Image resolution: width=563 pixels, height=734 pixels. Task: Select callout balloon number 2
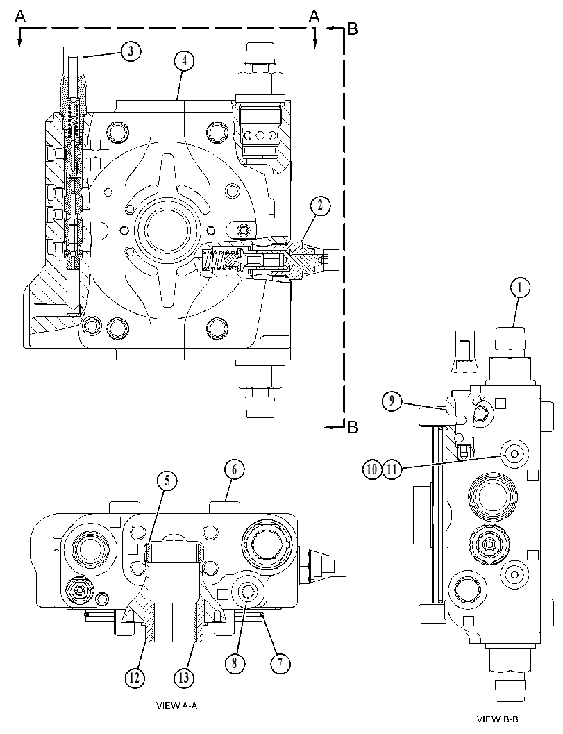tap(320, 206)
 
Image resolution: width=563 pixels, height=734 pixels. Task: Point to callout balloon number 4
tap(185, 61)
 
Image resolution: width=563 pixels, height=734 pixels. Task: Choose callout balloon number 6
tap(234, 469)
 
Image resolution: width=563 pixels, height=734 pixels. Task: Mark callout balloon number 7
tap(280, 663)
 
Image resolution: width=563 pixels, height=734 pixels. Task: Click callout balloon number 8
tap(235, 663)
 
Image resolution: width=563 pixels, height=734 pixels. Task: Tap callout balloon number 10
tap(371, 469)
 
